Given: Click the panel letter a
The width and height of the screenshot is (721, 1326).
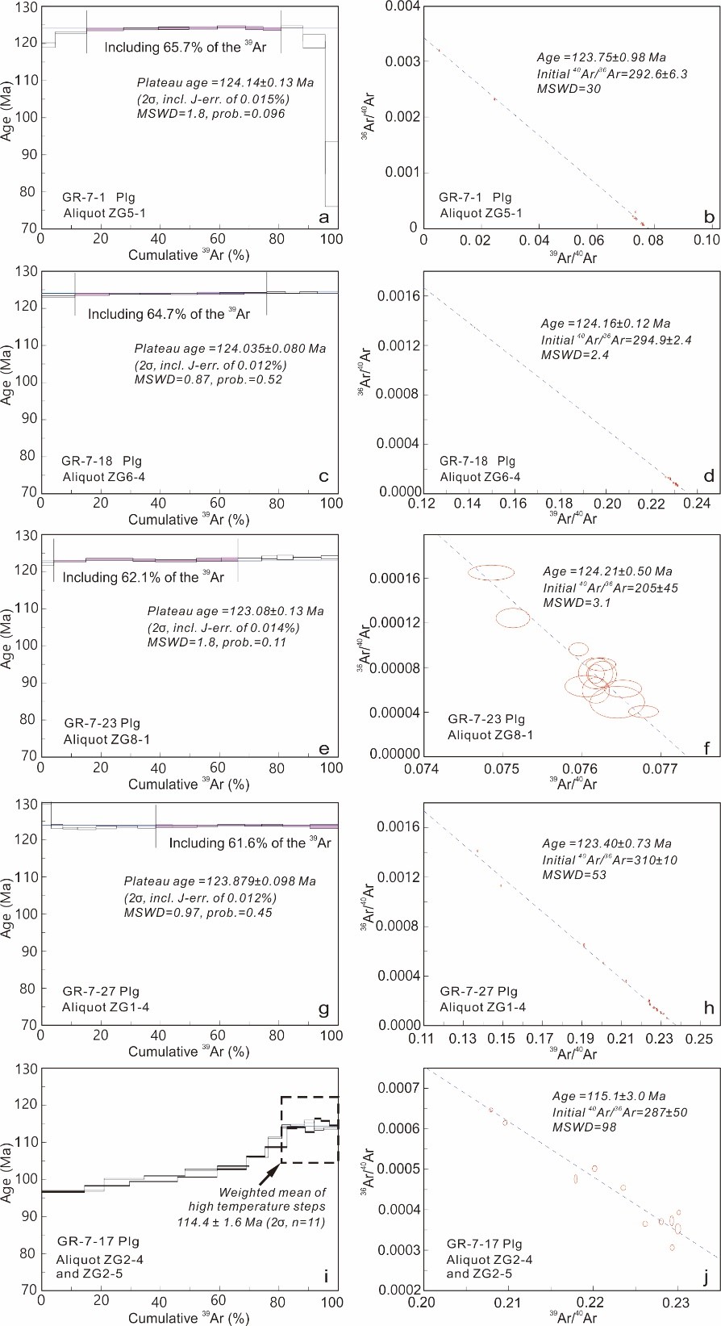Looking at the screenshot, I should (x=324, y=218).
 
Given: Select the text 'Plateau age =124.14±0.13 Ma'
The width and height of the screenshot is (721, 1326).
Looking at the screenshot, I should (x=225, y=82).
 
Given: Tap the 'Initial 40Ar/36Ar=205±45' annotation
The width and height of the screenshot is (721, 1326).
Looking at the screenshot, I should (x=611, y=588).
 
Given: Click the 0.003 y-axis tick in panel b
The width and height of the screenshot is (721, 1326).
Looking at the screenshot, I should (x=402, y=61).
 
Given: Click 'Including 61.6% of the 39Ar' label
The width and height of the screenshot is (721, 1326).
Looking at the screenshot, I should (x=250, y=843).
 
